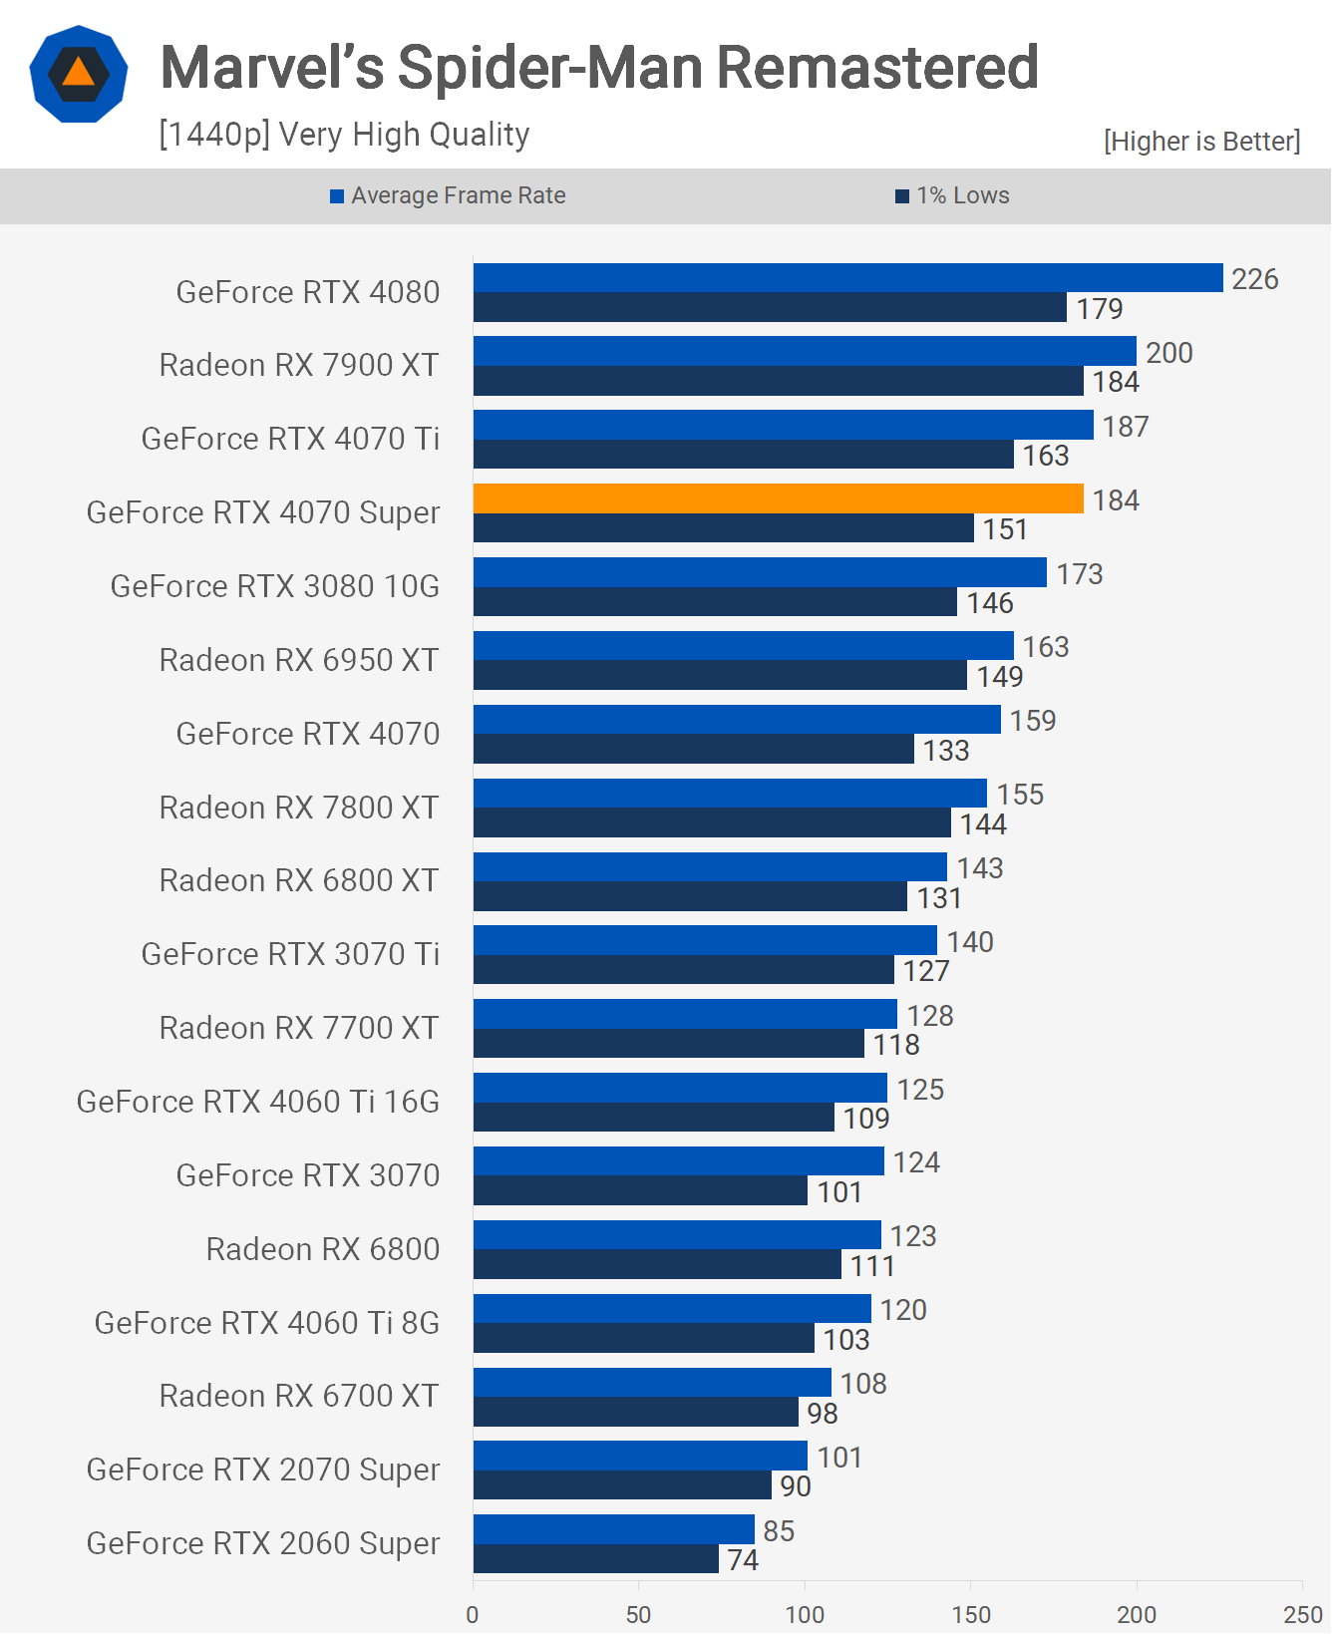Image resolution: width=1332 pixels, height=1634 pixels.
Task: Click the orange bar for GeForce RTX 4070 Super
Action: coord(778,498)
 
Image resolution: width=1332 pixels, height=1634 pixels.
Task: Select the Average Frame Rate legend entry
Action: coord(448,195)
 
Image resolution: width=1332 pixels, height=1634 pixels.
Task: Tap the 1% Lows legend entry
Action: coord(952,195)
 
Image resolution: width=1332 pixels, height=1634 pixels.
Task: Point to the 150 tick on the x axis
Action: coord(970,1614)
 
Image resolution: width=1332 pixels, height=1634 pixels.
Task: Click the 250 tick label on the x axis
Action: coord(1302,1614)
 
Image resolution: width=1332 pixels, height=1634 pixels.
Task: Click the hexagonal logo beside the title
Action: coord(79,75)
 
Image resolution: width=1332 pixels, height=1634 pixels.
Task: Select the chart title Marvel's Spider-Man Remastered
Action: coord(599,67)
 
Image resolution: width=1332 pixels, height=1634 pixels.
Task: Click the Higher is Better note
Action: coord(1201,142)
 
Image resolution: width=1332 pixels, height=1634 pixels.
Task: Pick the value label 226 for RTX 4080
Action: coord(1254,279)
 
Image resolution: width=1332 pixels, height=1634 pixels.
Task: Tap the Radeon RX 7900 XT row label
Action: coord(299,365)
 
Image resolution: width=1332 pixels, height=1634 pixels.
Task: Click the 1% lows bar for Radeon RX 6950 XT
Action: coord(720,675)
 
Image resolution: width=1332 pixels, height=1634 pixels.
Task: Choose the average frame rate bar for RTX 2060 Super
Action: coord(613,1529)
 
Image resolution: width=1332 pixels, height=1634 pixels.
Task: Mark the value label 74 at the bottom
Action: coord(743,1559)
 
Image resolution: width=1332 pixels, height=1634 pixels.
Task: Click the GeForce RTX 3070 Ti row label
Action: coord(290,954)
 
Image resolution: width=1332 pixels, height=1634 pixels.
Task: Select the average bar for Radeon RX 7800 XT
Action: coord(730,794)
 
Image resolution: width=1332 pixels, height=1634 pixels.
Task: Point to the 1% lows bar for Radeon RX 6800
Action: coord(657,1264)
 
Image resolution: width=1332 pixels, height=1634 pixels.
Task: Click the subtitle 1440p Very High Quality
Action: coord(344,135)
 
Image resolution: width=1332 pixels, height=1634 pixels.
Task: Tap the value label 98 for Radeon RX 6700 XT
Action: coord(823,1413)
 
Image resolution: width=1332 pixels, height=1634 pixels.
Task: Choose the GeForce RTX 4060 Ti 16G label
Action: coord(258,1102)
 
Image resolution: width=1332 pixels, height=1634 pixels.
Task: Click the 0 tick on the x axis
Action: coord(473,1614)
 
